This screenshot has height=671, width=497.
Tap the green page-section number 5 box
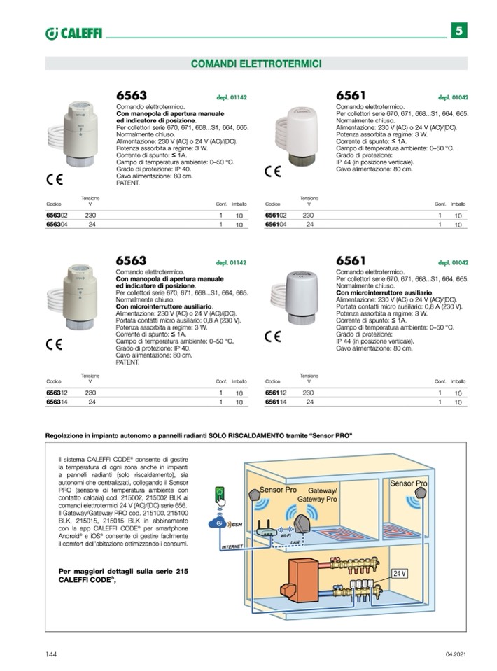point(459,31)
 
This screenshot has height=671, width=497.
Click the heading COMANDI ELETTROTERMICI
point(256,64)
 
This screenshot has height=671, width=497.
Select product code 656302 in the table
point(57,216)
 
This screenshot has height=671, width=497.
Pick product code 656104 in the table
point(276,225)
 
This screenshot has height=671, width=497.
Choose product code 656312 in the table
point(57,393)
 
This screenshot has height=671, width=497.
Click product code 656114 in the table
point(276,402)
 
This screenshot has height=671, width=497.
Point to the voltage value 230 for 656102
point(309,216)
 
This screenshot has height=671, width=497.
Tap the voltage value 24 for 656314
point(92,402)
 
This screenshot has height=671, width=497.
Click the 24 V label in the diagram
point(399,573)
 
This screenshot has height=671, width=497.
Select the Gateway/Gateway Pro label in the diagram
point(318,495)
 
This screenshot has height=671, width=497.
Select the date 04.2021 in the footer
point(456,654)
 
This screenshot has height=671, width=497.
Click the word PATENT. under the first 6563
point(128,183)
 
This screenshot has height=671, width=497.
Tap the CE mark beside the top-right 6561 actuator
point(272,171)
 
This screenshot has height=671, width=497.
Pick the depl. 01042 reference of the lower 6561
point(453,262)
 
